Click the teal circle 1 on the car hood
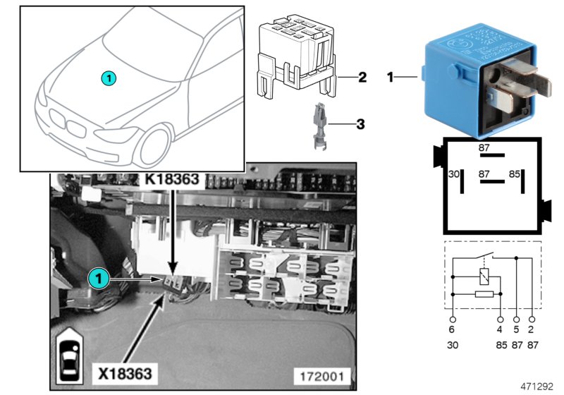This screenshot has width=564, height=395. [106, 77]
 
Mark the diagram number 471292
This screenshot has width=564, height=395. [537, 387]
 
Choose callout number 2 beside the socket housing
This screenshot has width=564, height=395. [362, 77]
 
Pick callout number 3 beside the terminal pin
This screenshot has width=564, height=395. [360, 124]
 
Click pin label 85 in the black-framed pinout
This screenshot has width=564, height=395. [515, 173]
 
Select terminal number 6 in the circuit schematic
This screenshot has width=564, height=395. [452, 328]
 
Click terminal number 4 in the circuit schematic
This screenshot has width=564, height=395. [501, 328]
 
